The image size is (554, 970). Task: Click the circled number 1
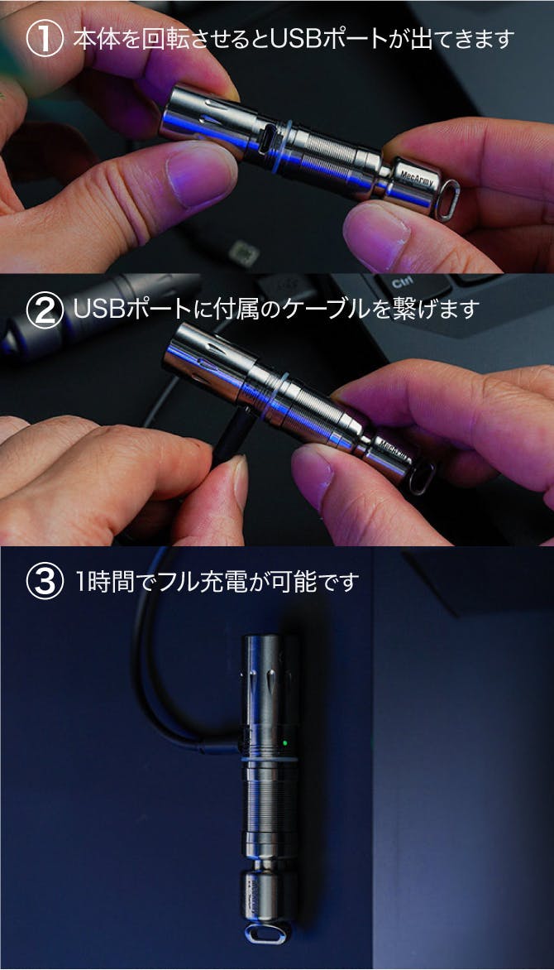click(x=45, y=38)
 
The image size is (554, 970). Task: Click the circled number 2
click(x=45, y=310)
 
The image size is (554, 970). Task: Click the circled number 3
click(x=45, y=582)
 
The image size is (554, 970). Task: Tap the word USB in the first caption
click(x=298, y=39)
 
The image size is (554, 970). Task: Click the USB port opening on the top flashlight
click(x=268, y=138)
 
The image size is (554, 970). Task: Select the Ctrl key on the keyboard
click(x=404, y=284)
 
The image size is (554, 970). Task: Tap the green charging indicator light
click(x=285, y=742)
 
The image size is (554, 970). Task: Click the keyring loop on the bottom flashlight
click(x=268, y=932)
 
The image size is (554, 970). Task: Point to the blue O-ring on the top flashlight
click(x=281, y=146)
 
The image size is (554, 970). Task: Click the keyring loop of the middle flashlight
click(x=420, y=478)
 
